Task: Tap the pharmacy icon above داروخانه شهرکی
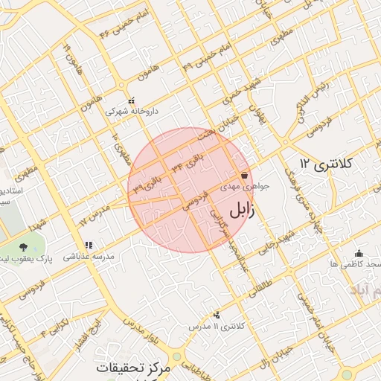coord(132,100)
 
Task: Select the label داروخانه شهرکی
coord(132,111)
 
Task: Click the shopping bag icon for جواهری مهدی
coord(244,175)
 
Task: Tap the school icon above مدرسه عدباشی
coord(89,244)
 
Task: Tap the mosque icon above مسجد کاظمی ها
coord(359,253)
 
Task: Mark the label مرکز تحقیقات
coord(138,368)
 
